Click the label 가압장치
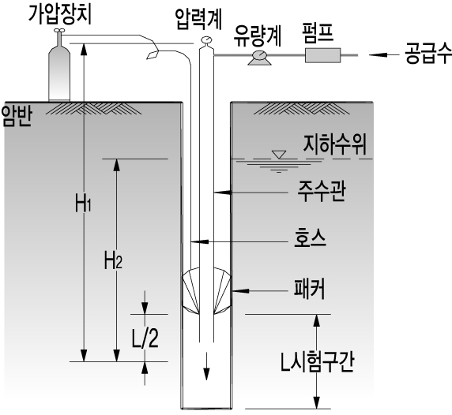pos(60,14)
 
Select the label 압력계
pos(198,19)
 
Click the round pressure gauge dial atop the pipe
pos(206,39)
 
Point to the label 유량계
pos(257,36)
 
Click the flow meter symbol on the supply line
pos(259,58)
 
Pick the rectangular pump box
pos(323,55)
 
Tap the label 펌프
pos(318,32)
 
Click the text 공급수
pos(428,53)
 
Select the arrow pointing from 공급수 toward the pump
pos(384,54)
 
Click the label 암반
pos(16,117)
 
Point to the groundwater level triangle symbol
pos(279,155)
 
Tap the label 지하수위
pos(335,144)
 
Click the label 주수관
pos(321,192)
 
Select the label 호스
pos(310,238)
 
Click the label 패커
pos(309,289)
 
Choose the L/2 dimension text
pos(145,338)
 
